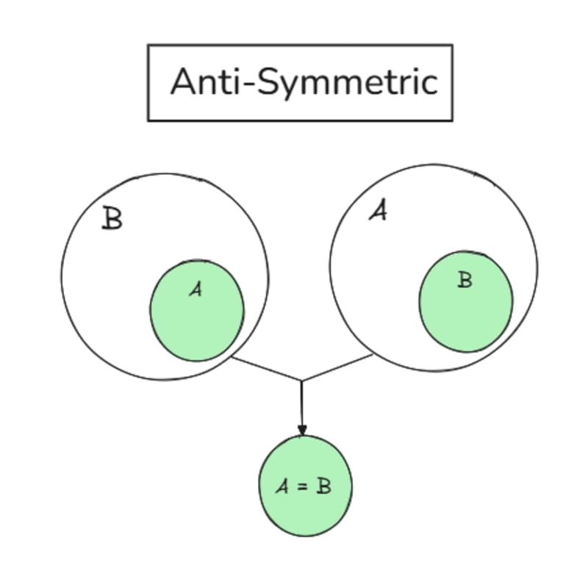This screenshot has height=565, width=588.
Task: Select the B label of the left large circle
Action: pyautogui.click(x=112, y=219)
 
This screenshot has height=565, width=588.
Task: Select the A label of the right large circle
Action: pyautogui.click(x=378, y=212)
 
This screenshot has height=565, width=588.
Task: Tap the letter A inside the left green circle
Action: pyautogui.click(x=195, y=290)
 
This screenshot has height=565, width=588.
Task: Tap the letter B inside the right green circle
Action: pyautogui.click(x=465, y=280)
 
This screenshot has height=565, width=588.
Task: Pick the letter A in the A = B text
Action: pyautogui.click(x=282, y=486)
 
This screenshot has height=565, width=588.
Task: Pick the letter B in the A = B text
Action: pyautogui.click(x=323, y=486)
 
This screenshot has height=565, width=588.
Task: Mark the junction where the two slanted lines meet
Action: pyautogui.click(x=301, y=381)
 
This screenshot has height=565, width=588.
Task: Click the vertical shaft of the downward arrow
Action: pyautogui.click(x=301, y=404)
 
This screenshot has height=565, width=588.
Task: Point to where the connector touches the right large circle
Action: pyautogui.click(x=373, y=355)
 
